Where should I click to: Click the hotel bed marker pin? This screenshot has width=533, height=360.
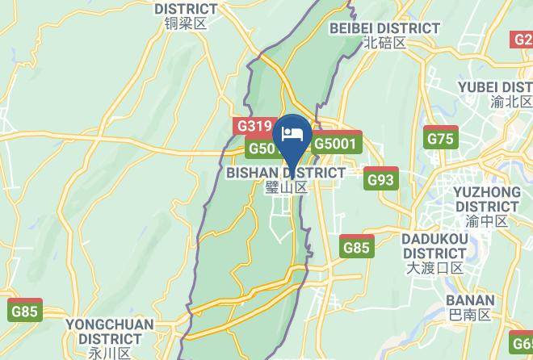pos(292,134)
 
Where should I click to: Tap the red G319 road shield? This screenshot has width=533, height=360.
pos(254,127)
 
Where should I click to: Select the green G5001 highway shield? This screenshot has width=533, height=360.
pos(337,144)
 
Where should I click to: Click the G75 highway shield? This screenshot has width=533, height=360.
pos(441,139)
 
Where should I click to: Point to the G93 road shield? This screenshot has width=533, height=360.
pos(380,179)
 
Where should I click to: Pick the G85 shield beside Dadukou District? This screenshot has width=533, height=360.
pos(356,248)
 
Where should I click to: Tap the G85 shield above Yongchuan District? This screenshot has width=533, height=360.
pos(24,311)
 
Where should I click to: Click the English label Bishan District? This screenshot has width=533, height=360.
pos(286,173)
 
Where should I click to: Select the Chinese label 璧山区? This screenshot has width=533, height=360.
pos(287,187)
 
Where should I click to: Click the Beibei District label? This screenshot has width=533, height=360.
pos(385,28)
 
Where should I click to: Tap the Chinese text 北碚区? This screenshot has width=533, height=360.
pos(384,43)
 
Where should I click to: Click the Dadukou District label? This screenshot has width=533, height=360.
pos(435,246)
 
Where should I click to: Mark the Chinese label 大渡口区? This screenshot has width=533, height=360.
pos(434,268)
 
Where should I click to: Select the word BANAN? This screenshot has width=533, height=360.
pos(469,300)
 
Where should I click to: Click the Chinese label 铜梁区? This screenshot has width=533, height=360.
pos(186,24)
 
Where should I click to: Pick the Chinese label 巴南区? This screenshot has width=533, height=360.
pos(469,315)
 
